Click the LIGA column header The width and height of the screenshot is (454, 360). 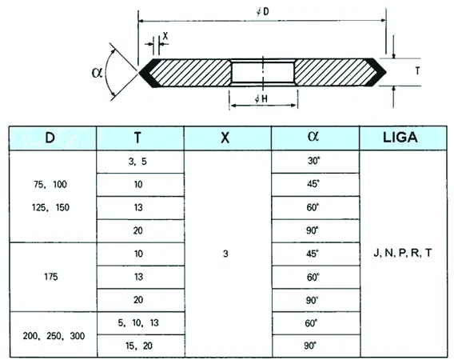pyautogui.click(x=403, y=138)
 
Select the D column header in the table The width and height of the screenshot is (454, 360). pyautogui.click(x=53, y=138)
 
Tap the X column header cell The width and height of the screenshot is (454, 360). pyautogui.click(x=228, y=138)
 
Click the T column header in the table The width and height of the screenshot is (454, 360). pyautogui.click(x=140, y=138)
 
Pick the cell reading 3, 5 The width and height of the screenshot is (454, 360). pyautogui.click(x=140, y=162)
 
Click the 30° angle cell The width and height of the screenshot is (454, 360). pyautogui.click(x=315, y=162)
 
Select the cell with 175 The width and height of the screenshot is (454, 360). pyautogui.click(x=53, y=277)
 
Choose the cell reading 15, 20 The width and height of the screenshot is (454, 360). pyautogui.click(x=140, y=346)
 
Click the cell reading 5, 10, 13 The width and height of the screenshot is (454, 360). pyautogui.click(x=140, y=323)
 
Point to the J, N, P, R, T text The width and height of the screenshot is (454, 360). pyautogui.click(x=403, y=253)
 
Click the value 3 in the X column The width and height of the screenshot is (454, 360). pyautogui.click(x=225, y=254)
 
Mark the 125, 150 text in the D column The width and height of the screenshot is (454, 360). pyautogui.click(x=50, y=207)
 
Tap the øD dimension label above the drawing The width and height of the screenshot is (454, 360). pyautogui.click(x=263, y=11)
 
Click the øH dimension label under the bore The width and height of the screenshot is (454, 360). pyautogui.click(x=261, y=99)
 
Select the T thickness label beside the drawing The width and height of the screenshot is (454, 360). pyautogui.click(x=417, y=70)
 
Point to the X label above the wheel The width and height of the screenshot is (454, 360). pyautogui.click(x=165, y=36)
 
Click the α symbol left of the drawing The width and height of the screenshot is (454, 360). pyautogui.click(x=97, y=73)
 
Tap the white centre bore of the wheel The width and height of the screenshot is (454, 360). pyautogui.click(x=263, y=73)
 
